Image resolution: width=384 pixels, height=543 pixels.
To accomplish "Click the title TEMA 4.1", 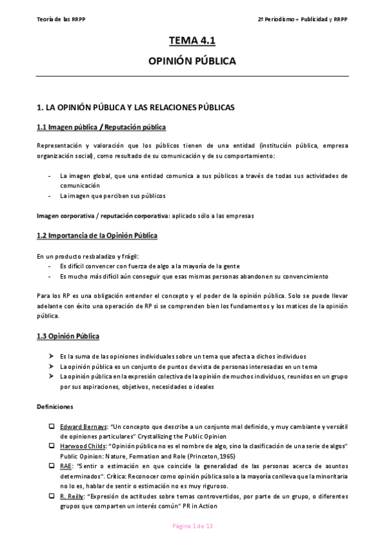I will click(192, 41).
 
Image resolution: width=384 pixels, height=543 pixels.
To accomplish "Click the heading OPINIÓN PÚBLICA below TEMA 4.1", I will click(192, 61).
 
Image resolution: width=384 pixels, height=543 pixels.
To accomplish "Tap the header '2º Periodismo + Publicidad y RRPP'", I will click(303, 19).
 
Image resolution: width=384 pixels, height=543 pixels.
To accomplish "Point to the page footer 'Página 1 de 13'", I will click(192, 526).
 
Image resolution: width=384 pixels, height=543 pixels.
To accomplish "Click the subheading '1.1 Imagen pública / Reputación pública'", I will click(101, 127).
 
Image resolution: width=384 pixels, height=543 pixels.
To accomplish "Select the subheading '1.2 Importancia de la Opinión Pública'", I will click(97, 236).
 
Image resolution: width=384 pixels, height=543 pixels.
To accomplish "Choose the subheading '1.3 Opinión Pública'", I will click(68, 336).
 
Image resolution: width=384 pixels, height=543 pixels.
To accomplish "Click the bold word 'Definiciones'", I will click(55, 406).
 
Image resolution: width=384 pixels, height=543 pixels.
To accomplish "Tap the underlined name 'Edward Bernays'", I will click(83, 426).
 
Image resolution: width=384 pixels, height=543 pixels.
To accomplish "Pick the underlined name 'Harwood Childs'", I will click(83, 445).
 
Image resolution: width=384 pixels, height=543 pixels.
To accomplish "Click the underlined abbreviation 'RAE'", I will click(65, 465).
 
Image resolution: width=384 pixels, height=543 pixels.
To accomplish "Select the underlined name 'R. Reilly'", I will click(73, 496).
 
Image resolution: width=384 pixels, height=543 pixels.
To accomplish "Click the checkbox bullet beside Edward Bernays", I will click(51, 426).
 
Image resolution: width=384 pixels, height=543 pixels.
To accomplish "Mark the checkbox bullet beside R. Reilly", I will click(51, 496).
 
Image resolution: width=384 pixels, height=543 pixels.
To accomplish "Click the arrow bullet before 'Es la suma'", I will click(51, 356).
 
